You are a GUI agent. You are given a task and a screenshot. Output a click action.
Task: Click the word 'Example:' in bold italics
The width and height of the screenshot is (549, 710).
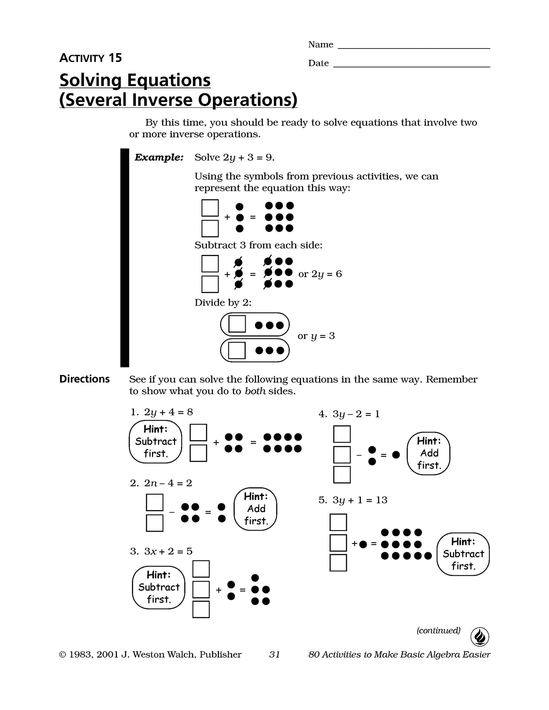tap(159, 158)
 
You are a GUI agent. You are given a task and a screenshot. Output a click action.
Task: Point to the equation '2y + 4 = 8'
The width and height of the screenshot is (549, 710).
tap(168, 412)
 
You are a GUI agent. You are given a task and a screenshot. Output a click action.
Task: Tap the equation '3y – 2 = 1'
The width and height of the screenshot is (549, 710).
tap(356, 414)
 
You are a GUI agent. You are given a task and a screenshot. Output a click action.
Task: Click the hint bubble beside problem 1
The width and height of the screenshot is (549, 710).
tap(155, 442)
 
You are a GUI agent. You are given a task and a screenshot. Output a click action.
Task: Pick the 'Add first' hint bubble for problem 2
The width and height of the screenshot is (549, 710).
tap(255, 509)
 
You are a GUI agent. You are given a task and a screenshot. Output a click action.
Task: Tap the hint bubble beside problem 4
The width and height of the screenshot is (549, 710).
tap(429, 453)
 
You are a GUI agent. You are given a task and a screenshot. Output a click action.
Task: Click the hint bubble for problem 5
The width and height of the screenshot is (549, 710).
tap(463, 554)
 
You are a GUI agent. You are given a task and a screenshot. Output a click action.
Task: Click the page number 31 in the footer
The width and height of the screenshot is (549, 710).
tap(274, 654)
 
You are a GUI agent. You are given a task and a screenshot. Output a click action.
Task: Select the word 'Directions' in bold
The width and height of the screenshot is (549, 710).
tap(84, 379)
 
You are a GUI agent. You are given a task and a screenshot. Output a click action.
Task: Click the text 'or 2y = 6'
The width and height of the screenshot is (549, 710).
tap(320, 274)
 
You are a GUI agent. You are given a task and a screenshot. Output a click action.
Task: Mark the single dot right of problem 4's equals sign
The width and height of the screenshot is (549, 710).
tap(396, 455)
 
